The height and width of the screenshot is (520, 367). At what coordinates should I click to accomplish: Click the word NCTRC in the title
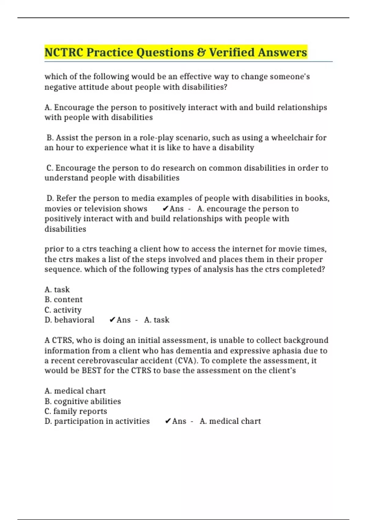point(64,52)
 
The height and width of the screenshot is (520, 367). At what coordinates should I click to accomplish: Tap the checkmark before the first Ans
point(165,209)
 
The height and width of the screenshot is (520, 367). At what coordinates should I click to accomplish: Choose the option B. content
point(64,299)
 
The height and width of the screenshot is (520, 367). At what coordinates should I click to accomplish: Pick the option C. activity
point(63,310)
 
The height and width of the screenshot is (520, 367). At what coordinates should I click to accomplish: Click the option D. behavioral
point(69,320)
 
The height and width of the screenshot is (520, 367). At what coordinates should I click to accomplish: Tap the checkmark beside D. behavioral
point(112,320)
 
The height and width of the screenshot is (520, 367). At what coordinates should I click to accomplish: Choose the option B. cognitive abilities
point(83,401)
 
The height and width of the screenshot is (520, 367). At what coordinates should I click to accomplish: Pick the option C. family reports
point(76,411)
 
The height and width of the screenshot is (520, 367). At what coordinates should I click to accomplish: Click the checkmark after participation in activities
point(168,422)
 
